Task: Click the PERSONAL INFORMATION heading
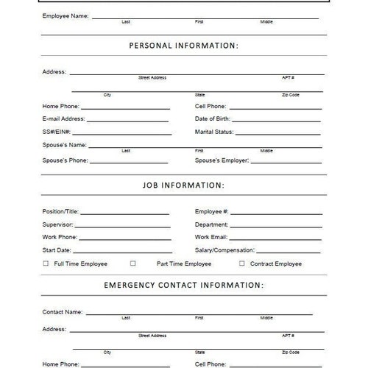[184, 46]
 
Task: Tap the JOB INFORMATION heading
[184, 185]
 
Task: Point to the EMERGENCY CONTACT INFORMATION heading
[184, 284]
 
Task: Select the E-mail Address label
[64, 118]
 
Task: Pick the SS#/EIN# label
[57, 132]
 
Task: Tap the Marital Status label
[214, 132]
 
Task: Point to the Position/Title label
[60, 211]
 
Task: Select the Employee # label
[212, 211]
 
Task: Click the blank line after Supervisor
[121, 227]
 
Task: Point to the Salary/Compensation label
[224, 250]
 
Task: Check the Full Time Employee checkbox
[46, 263]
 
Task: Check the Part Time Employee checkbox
[133, 263]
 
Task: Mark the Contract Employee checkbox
[241, 263]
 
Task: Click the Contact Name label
[63, 311]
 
